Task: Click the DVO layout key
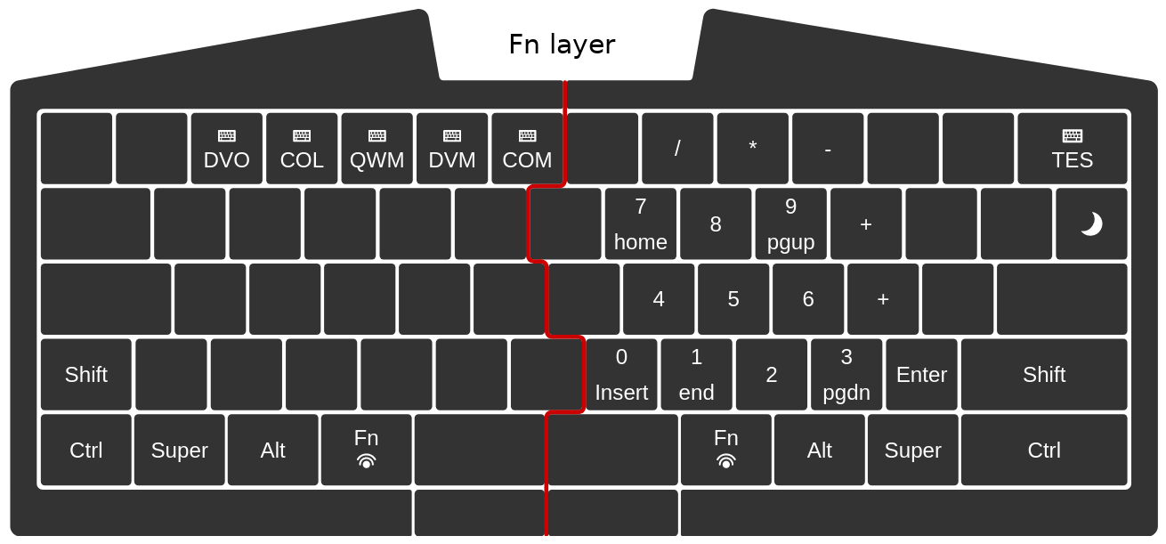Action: (x=226, y=149)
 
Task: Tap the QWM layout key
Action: (x=377, y=149)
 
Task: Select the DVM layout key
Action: (x=452, y=149)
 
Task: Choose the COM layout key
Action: (x=527, y=149)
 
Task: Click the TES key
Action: (x=1073, y=149)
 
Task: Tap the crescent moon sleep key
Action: (x=1091, y=223)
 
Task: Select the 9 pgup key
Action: (x=790, y=223)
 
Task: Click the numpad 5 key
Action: (x=733, y=299)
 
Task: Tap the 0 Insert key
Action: (x=621, y=374)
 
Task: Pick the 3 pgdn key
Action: (x=846, y=374)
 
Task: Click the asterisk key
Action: (x=753, y=149)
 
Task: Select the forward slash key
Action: (x=677, y=149)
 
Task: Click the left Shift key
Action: (x=85, y=374)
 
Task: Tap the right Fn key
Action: (x=726, y=450)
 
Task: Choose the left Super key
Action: (x=180, y=450)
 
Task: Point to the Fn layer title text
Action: (x=563, y=45)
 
